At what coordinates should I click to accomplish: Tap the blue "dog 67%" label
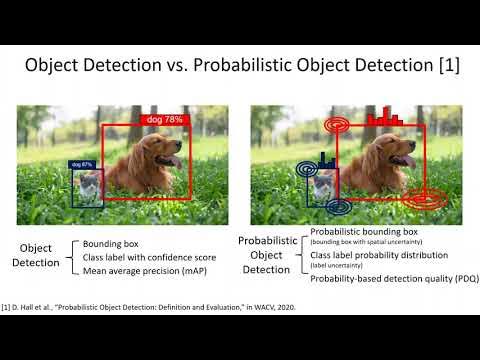pyautogui.click(x=80, y=163)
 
